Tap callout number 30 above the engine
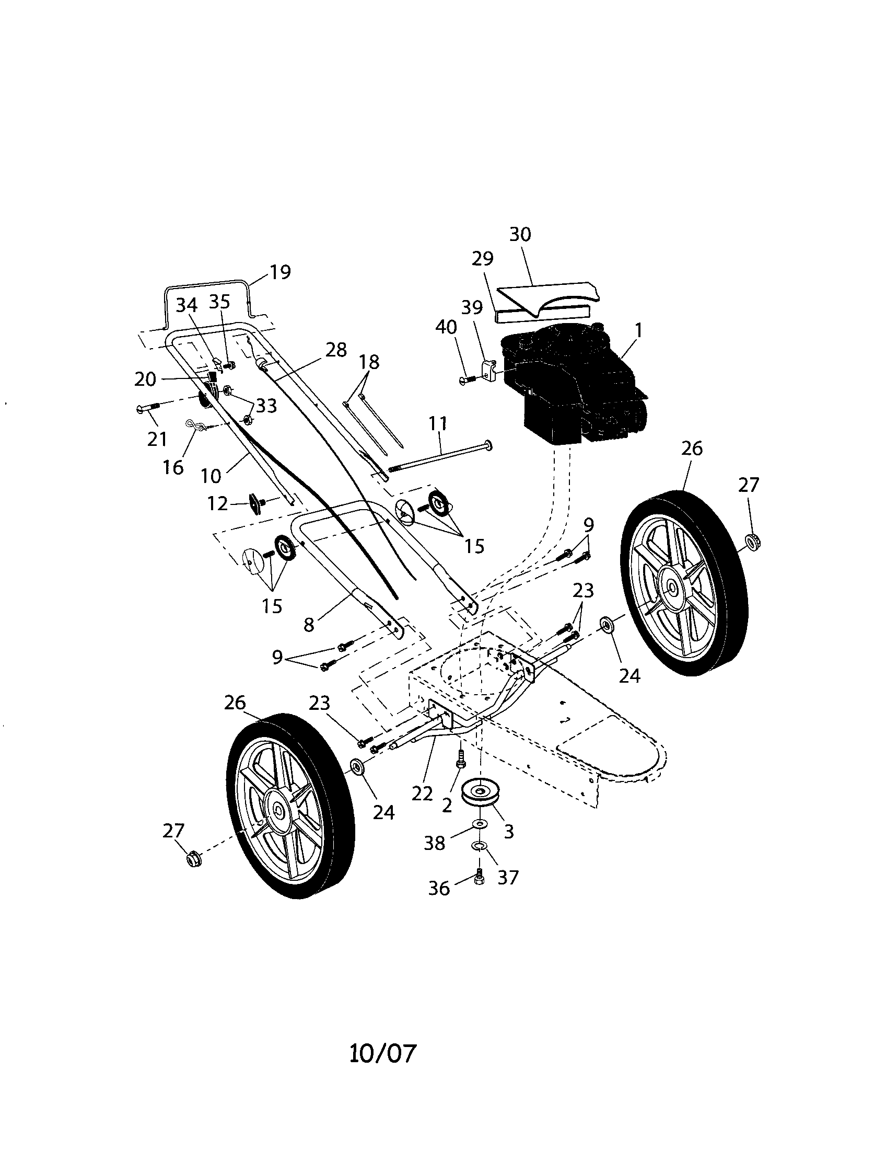(520, 235)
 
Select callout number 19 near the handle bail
(280, 272)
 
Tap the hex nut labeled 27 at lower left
(194, 859)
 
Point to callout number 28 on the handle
(336, 350)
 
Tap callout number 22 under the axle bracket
(422, 793)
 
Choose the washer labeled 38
(479, 823)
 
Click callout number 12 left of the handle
(218, 503)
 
